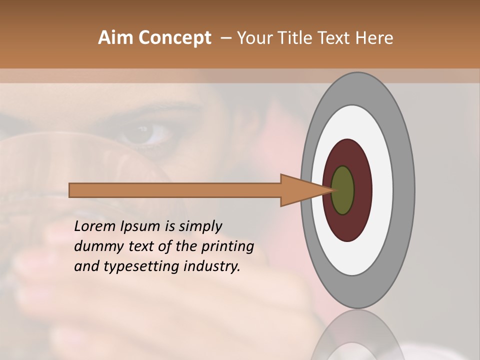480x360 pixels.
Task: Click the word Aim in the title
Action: (115, 38)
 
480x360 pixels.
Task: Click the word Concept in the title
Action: (174, 38)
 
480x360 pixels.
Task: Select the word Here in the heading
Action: (375, 38)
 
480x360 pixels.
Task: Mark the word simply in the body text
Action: (200, 227)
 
